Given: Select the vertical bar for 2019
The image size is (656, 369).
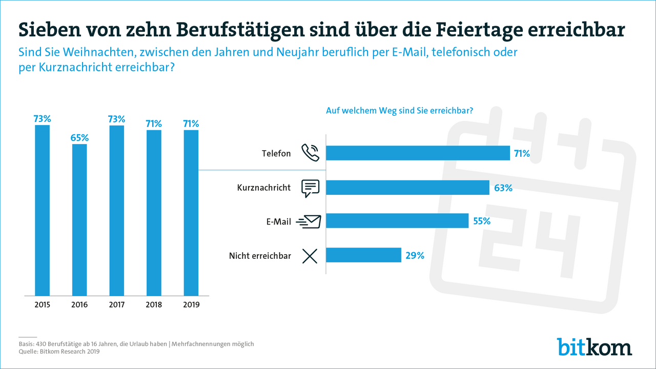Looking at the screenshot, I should click(x=191, y=213).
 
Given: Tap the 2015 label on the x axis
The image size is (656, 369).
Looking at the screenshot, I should click(x=42, y=304).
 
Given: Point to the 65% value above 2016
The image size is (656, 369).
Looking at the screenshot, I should click(x=79, y=138).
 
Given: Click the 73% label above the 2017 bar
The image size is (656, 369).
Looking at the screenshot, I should click(x=116, y=119).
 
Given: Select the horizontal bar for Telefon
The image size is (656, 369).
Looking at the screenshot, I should click(x=418, y=153).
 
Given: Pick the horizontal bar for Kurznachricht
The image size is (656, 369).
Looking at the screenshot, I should click(x=407, y=188).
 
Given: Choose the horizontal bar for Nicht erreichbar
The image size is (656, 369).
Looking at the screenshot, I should click(x=363, y=255).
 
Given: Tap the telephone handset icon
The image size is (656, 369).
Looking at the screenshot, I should click(x=310, y=153).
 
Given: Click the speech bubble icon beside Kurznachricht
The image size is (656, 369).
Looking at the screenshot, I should click(x=310, y=188).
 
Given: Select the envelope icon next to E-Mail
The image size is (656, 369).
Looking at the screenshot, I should click(x=309, y=221).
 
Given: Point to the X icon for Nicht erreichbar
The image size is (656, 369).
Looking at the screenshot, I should click(x=310, y=256).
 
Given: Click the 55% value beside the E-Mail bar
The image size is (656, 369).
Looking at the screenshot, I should click(x=482, y=221).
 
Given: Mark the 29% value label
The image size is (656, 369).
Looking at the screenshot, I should click(x=415, y=255).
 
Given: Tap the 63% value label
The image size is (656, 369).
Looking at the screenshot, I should click(x=503, y=188).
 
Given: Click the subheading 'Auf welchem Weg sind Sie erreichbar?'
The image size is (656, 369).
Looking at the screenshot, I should click(x=399, y=110).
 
